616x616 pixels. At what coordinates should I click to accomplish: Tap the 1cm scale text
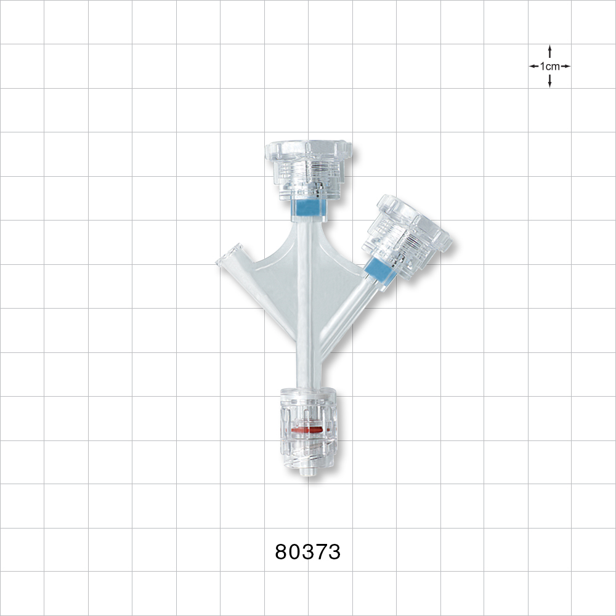[x=549, y=66]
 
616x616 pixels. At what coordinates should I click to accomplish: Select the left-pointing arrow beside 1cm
[x=533, y=66]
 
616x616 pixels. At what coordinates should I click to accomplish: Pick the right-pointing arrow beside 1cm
[x=566, y=66]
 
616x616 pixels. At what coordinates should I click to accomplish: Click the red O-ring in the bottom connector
[x=307, y=429]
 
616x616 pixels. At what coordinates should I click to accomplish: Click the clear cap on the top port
[x=308, y=163]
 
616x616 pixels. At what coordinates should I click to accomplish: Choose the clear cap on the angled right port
[x=410, y=231]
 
